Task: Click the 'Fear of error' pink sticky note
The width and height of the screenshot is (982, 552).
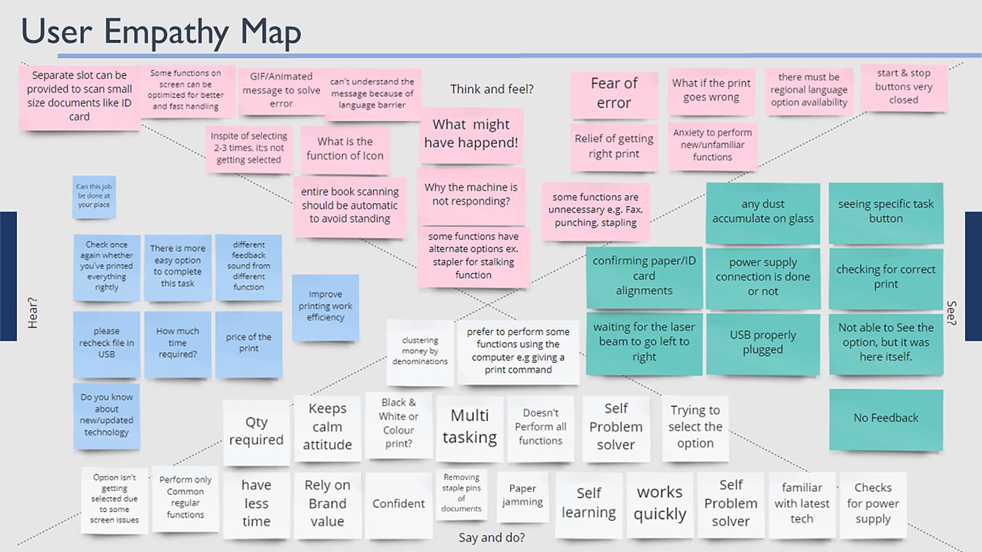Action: click(x=614, y=93)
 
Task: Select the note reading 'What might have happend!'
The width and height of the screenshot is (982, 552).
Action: click(x=471, y=134)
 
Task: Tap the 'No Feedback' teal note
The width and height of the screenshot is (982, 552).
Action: click(x=885, y=418)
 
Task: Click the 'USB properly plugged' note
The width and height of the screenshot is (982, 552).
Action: click(x=762, y=343)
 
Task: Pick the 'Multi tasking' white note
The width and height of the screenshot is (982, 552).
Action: click(x=469, y=427)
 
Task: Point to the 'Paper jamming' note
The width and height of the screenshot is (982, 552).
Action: click(x=523, y=495)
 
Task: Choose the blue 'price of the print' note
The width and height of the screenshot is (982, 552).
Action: click(x=248, y=343)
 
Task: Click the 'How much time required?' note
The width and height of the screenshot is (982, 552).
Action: click(x=177, y=343)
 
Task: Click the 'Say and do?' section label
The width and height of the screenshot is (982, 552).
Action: click(x=492, y=538)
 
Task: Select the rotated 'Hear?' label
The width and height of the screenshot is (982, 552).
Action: click(x=32, y=312)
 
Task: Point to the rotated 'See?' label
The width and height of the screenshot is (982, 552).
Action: click(x=952, y=313)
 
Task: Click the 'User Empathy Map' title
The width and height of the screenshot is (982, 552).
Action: click(x=161, y=32)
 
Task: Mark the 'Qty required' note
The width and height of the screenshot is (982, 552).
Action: click(x=256, y=432)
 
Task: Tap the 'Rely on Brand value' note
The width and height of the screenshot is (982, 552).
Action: click(x=328, y=503)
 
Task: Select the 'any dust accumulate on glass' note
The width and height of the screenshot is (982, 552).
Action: click(x=762, y=212)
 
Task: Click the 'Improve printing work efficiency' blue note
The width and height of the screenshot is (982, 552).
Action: click(x=325, y=307)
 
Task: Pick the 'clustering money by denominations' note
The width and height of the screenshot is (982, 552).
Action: click(x=420, y=352)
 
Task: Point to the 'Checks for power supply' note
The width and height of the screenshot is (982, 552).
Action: click(x=873, y=504)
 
